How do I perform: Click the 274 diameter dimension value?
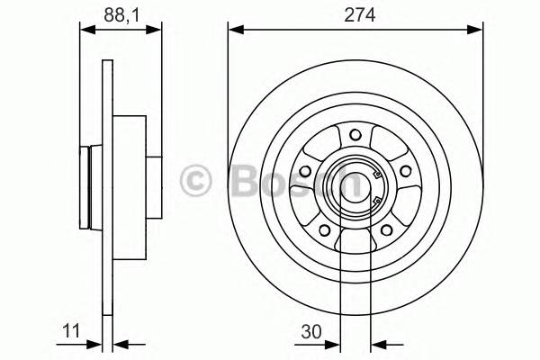point(354,13)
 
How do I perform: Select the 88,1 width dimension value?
point(114,13)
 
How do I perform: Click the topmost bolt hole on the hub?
point(355,136)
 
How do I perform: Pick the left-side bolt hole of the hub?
point(305,172)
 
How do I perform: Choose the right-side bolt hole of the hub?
point(403,172)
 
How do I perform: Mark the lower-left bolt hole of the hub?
point(324,229)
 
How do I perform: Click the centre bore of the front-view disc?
point(355,184)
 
